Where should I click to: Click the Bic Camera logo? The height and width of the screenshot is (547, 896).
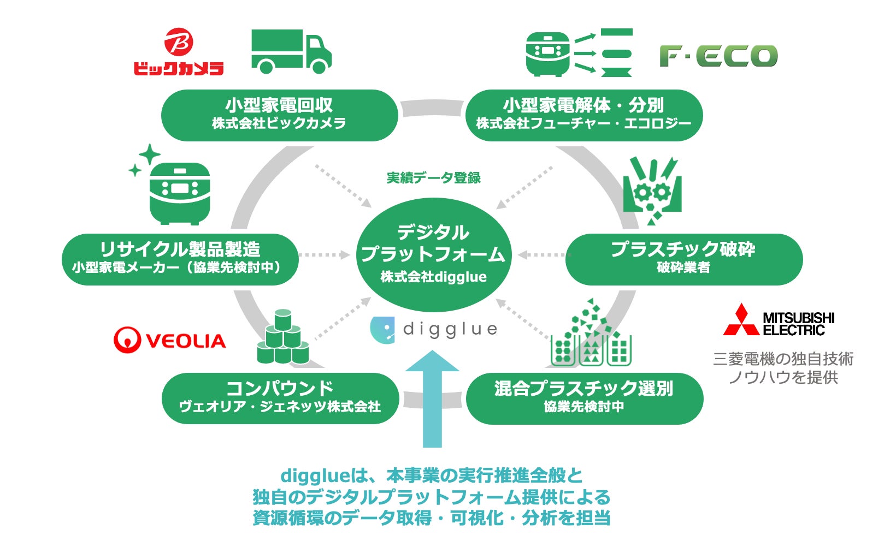(x=179, y=52)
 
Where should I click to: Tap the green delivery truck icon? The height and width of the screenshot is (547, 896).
(x=291, y=51)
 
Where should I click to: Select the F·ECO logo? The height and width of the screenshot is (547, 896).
(x=718, y=56)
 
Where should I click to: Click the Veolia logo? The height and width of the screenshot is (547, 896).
(x=169, y=340)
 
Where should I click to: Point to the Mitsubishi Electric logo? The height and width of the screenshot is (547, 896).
(x=779, y=320)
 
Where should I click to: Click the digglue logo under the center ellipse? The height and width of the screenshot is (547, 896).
(x=434, y=329)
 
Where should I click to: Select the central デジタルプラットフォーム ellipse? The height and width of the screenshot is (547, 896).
(x=434, y=254)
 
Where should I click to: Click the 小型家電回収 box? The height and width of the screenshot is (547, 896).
(x=279, y=115)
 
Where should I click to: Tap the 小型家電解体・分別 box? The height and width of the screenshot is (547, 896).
(x=583, y=115)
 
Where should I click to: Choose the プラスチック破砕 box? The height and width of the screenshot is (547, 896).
(x=683, y=259)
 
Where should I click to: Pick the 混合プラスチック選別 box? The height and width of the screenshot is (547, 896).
(x=584, y=397)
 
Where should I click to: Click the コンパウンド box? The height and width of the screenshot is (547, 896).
(x=280, y=397)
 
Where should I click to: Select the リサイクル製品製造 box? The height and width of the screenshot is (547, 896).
(x=180, y=259)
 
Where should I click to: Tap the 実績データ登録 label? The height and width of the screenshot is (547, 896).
(x=434, y=177)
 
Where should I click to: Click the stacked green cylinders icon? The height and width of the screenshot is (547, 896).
(x=283, y=338)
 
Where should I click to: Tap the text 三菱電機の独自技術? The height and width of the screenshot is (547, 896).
(x=783, y=359)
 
